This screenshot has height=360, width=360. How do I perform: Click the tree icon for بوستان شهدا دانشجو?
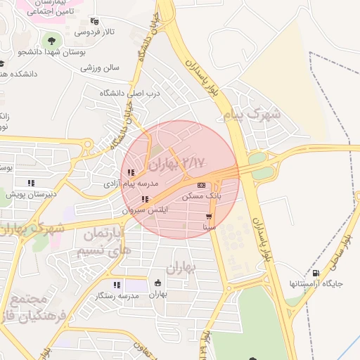pos(50,39)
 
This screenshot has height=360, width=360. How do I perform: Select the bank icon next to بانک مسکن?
pos(202,186)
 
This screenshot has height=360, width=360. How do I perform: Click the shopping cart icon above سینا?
pos(209,217)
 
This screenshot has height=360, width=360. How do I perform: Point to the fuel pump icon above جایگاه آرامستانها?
pos(314,274)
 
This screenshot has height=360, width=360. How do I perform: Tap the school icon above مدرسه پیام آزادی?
pos(131,172)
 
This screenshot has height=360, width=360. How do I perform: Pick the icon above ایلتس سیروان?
pos(146,200)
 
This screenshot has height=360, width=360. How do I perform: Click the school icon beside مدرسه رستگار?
pos(118,285)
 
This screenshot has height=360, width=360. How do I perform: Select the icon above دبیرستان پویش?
pos(30,184)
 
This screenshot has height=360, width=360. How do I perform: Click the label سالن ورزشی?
pos(100,68)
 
